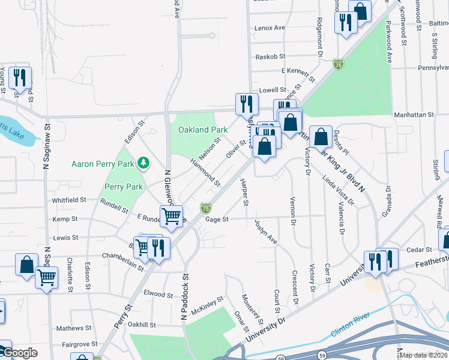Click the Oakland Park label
coord(202,130)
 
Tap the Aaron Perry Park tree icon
coord(143,163)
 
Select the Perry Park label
coord(124,187)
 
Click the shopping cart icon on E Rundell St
coord(171,215)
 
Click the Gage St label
coord(217,220)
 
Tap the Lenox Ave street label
coord(270,28)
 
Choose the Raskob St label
coord(270,56)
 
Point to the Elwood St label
coord(158,294)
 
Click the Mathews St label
coord(74,328)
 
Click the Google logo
coord(19,353)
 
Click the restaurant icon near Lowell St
coord(246,104)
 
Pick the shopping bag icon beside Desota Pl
coord(321,136)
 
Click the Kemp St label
coord(62,220)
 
